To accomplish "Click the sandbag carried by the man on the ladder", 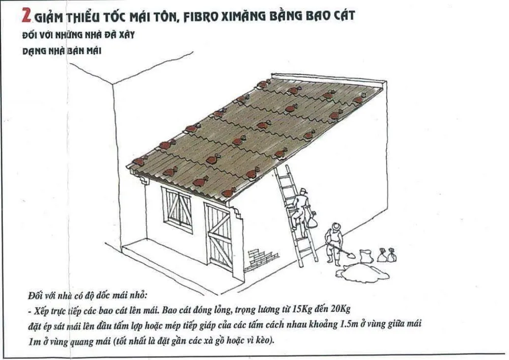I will click(312, 221).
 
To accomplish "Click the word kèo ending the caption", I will click(264, 340).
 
